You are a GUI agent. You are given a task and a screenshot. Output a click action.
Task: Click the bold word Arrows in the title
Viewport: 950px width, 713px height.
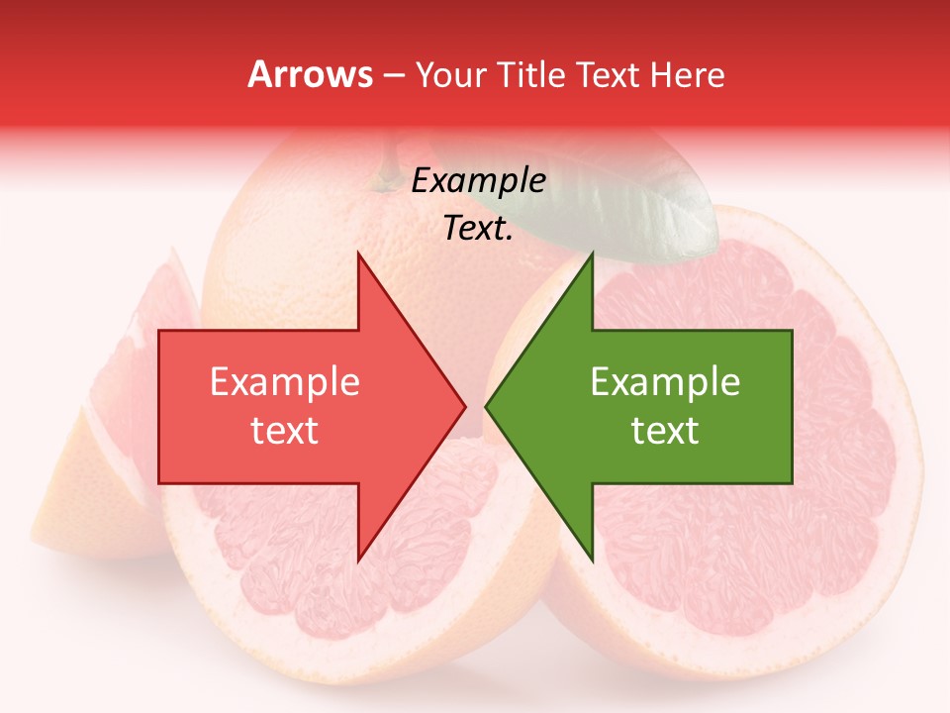coord(311,74)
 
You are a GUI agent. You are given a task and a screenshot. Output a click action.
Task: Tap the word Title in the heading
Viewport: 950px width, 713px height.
coord(534,74)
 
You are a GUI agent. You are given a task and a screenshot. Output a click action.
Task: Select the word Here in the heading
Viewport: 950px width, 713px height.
coord(688,74)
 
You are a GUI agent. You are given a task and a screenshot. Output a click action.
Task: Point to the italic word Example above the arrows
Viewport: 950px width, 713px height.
coord(478,181)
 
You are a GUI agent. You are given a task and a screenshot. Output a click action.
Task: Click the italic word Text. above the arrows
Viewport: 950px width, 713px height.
coord(478,229)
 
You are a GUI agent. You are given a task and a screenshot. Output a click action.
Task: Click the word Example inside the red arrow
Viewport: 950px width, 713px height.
coord(284,382)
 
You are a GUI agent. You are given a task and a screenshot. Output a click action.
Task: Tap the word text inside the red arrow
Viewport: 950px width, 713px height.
coord(284,431)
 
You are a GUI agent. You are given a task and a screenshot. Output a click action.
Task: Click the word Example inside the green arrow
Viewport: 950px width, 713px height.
coord(665,382)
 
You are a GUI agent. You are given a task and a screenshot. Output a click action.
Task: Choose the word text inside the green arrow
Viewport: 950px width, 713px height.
coord(665,431)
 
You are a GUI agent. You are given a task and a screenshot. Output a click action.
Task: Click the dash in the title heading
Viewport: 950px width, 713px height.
coord(393,75)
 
